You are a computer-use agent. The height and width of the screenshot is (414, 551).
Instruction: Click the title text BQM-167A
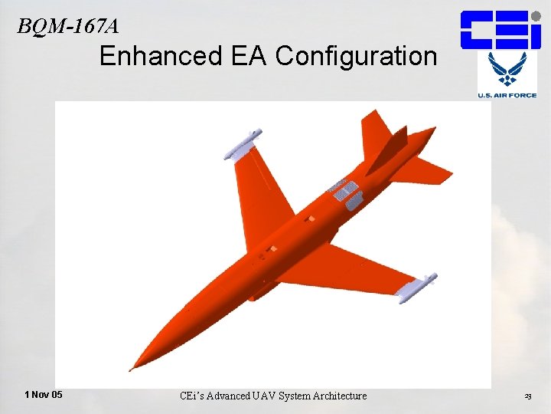click(x=68, y=26)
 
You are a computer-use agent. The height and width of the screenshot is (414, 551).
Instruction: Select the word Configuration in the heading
click(x=357, y=56)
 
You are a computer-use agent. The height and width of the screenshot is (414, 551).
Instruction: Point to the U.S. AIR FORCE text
click(x=507, y=95)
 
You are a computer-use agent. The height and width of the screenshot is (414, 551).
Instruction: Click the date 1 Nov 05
click(x=44, y=395)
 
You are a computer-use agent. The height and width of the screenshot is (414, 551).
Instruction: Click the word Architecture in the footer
click(x=337, y=396)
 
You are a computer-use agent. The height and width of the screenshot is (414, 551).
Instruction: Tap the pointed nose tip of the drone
click(x=131, y=370)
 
